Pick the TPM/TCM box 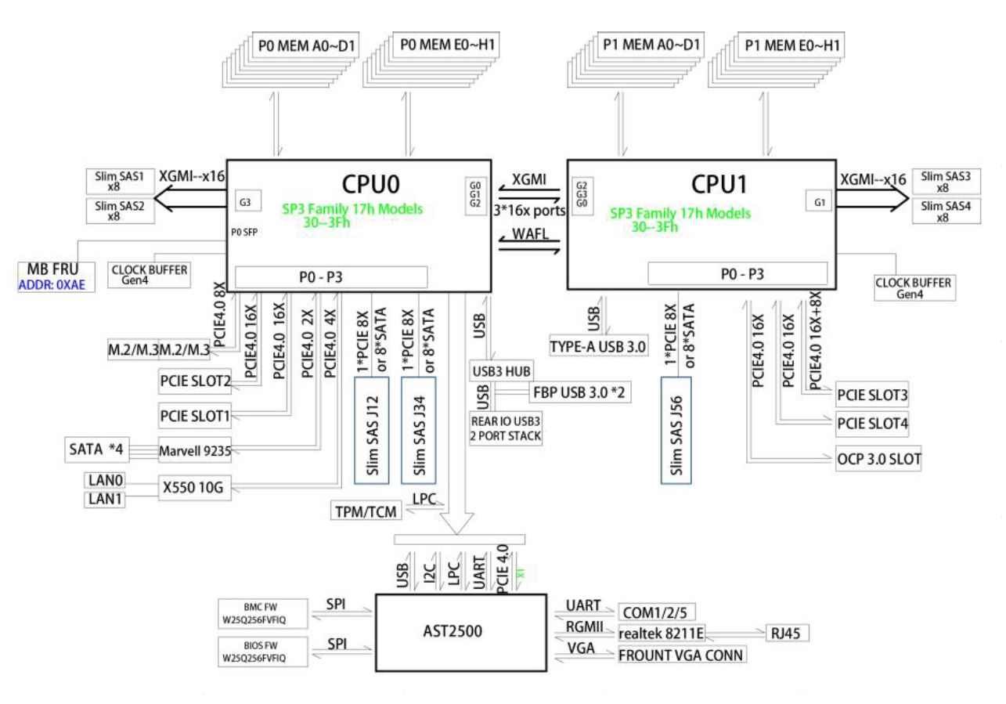pos(364,511)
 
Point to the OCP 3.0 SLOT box pos(877,457)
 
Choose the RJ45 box pos(786,633)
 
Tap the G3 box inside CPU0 pos(245,202)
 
